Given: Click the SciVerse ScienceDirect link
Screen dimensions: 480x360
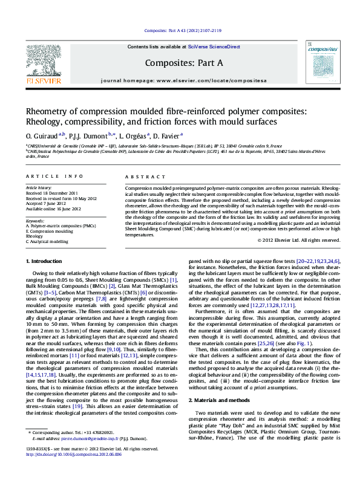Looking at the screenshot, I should [214, 47].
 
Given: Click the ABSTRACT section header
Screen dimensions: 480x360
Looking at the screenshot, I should [142, 176].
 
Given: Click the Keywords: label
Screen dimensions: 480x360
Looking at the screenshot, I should [35, 221].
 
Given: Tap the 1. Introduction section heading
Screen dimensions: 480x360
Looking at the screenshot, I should [46, 261].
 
